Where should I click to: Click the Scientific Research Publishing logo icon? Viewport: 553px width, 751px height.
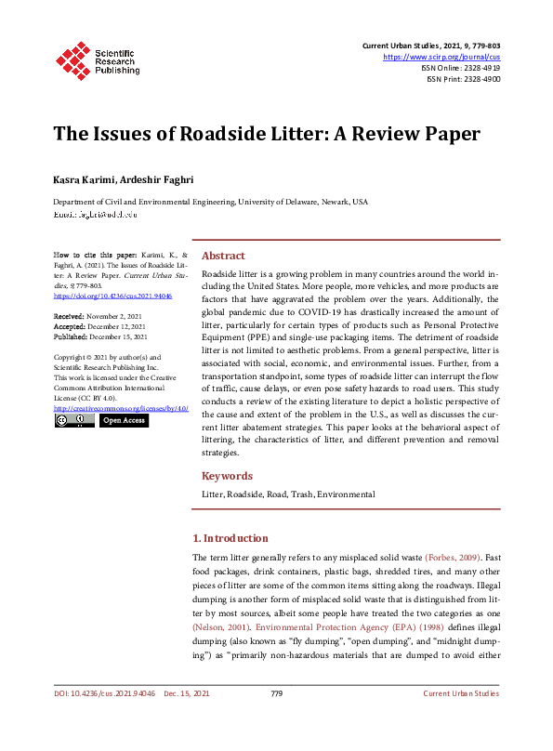tap(71, 58)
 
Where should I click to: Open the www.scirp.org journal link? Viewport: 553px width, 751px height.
tap(442, 57)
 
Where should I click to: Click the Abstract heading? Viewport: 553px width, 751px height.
tap(223, 256)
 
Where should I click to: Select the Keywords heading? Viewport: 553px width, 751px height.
tap(227, 476)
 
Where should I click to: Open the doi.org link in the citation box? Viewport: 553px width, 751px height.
tap(101, 296)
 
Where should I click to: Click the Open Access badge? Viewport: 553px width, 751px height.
tap(124, 420)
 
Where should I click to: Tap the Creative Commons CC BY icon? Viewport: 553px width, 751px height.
tap(73, 420)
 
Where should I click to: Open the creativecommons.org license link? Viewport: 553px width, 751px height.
tap(121, 408)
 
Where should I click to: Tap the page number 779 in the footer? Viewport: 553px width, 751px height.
tap(276, 719)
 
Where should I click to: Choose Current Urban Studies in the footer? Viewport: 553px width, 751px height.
tap(461, 719)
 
